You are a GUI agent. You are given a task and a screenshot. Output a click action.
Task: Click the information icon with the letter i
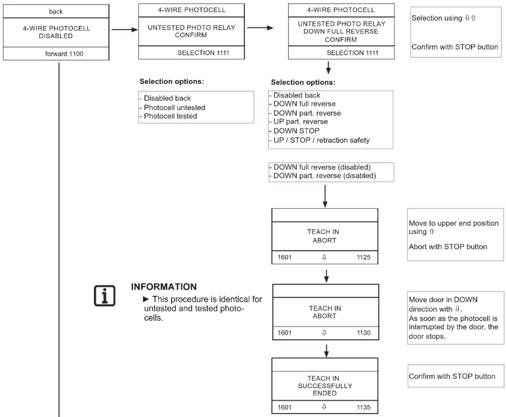105,296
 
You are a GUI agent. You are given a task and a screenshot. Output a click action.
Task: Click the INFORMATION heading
164,287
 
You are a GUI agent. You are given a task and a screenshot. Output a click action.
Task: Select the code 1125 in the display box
363,257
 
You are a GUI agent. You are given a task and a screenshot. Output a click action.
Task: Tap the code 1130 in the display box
363,333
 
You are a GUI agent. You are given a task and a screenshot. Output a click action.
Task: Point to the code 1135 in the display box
363,407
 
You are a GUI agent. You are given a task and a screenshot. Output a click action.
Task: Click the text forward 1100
64,54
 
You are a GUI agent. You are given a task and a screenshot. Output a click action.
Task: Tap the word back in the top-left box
56,11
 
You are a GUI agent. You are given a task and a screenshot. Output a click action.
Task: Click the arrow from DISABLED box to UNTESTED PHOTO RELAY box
125,30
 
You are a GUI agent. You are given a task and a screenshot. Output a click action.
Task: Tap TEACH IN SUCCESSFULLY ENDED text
325,386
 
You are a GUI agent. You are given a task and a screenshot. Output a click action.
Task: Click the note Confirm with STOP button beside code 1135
452,376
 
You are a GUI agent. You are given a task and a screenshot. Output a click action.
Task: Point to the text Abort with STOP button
448,247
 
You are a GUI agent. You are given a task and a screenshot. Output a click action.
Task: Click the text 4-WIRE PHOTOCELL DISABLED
56,32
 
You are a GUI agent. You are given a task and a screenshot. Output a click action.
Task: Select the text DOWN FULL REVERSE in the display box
341,31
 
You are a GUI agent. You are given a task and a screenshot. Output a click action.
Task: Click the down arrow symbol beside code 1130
324,333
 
